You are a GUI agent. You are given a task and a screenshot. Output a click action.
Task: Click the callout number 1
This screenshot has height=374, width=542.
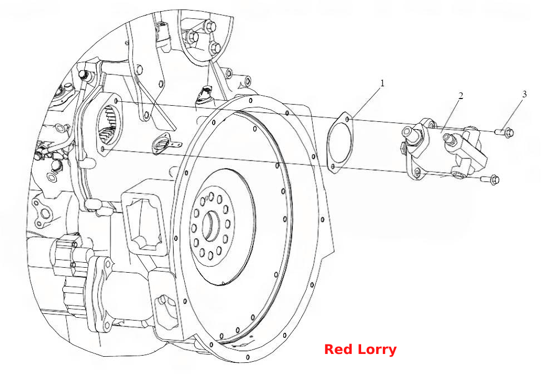[x=382, y=83]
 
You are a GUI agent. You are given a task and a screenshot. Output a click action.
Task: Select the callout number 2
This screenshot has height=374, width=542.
[x=460, y=95]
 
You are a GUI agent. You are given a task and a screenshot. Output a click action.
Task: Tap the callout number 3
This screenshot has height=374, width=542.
[x=524, y=94]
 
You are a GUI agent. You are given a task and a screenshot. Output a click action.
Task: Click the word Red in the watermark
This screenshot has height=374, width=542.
[x=339, y=349]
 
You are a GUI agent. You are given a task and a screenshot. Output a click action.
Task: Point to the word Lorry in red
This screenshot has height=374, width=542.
[x=377, y=350]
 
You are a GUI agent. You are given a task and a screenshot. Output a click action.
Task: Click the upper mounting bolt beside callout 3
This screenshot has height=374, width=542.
[x=505, y=132]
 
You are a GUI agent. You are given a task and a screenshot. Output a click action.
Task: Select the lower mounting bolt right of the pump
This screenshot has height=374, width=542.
[x=490, y=179]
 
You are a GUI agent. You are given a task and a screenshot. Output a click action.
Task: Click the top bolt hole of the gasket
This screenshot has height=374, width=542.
[x=347, y=119]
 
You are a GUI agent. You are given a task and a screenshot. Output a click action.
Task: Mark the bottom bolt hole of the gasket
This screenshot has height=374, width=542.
[x=333, y=167]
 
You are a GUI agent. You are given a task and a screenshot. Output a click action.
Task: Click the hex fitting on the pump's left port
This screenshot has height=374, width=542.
[x=408, y=132]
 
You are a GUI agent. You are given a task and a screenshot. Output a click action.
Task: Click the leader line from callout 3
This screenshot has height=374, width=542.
[x=513, y=113]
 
